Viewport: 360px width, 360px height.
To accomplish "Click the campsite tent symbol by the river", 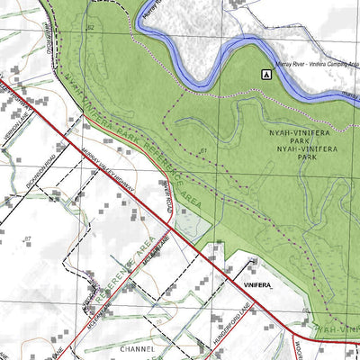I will (266, 74).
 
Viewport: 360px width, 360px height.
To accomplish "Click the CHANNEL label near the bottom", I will (138, 346).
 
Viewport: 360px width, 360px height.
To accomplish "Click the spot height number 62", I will (90, 29).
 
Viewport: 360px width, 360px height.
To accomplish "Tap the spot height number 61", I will (204, 150).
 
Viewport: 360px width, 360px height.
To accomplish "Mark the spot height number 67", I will (28, 238).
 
